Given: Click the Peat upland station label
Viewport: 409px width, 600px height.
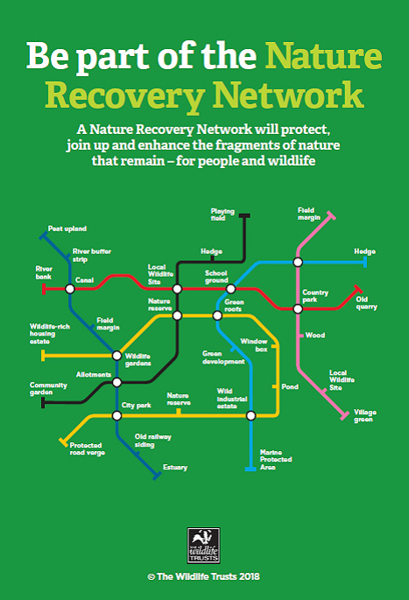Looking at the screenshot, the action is click(67, 229).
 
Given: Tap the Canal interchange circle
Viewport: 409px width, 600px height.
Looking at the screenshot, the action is click(70, 288).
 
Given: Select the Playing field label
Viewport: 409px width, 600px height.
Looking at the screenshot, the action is click(222, 215).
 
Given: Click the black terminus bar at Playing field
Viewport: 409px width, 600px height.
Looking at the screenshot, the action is click(244, 215).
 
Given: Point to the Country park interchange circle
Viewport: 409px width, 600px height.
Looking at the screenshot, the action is click(298, 308).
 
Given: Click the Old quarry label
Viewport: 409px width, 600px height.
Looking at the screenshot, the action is click(367, 303).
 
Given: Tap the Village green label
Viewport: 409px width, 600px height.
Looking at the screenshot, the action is click(365, 415).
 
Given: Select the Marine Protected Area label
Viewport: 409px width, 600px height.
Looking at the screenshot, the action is click(276, 460).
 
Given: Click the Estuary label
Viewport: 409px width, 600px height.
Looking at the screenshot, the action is click(175, 467).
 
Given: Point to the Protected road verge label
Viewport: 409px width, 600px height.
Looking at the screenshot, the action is click(88, 448).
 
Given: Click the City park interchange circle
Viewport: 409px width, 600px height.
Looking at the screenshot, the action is click(116, 415).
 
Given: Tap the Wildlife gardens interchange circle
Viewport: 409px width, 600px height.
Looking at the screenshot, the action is click(116, 356).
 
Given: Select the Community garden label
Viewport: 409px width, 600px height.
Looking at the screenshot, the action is click(48, 388).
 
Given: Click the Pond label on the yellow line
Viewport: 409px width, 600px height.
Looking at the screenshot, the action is click(290, 387).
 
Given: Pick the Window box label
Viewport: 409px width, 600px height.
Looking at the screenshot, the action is click(254, 345).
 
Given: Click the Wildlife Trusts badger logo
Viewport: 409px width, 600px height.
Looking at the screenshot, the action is click(203, 546).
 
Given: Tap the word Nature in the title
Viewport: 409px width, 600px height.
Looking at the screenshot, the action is click(324, 55).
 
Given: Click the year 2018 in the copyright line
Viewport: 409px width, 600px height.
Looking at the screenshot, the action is click(250, 576).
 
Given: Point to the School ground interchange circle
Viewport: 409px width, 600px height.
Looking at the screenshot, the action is click(230, 288).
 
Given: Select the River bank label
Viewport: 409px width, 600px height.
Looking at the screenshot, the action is click(44, 272).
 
